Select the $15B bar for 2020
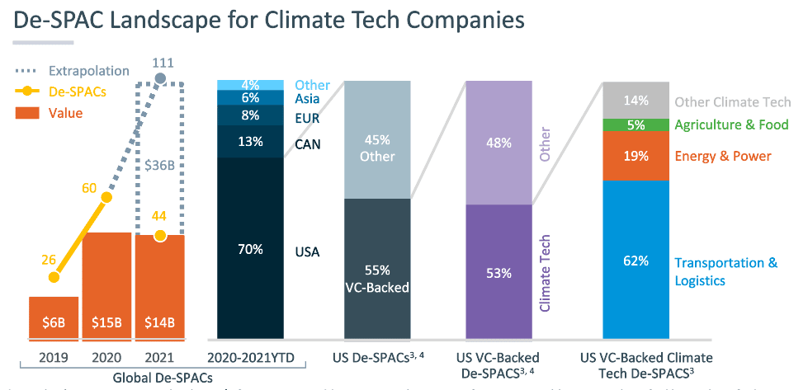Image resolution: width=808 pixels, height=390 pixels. pos(106,285)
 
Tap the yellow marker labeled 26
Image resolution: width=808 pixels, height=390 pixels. pos(54,278)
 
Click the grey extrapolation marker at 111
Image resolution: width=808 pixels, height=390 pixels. pos(160,80)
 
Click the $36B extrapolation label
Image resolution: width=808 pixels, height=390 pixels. pos(160,164)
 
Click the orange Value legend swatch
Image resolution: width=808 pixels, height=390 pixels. pos(28,113)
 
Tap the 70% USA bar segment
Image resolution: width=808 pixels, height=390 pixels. pos(251,247)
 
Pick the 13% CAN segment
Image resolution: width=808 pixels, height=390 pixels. pos(251,142)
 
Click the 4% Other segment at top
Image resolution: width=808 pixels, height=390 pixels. pos(251,85)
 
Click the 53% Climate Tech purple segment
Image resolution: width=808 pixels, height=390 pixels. pos(499,271)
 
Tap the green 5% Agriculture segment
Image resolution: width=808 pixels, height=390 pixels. pos(636,125)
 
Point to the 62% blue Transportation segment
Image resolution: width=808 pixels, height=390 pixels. pos(636,260)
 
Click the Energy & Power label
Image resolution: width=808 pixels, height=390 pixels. pos(723,157)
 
